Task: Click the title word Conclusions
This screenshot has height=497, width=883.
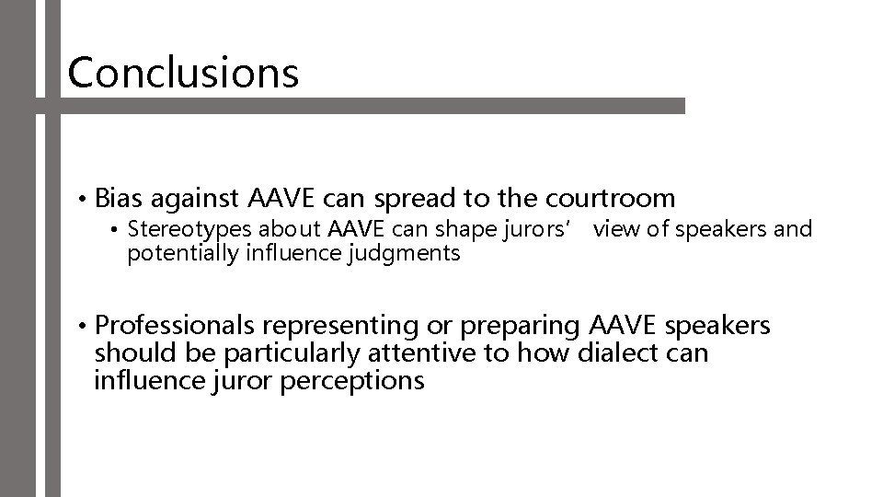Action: (183, 72)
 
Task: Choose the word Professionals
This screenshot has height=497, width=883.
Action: (177, 327)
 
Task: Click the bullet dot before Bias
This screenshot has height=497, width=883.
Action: (83, 199)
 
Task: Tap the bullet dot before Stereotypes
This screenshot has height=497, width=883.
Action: (116, 230)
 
